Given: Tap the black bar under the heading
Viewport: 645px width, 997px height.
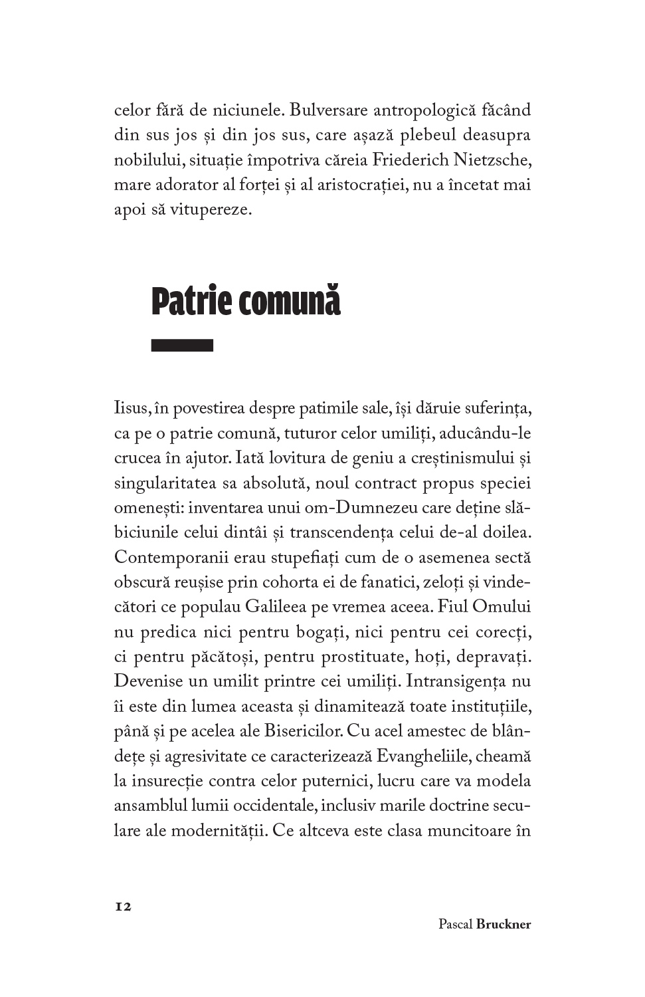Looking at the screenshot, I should point(182,345).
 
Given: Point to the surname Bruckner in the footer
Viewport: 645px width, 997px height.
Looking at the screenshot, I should point(504,924).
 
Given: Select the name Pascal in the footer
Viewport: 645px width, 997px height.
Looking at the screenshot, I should point(456,924).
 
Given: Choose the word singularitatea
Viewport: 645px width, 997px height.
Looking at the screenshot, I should point(165,483).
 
